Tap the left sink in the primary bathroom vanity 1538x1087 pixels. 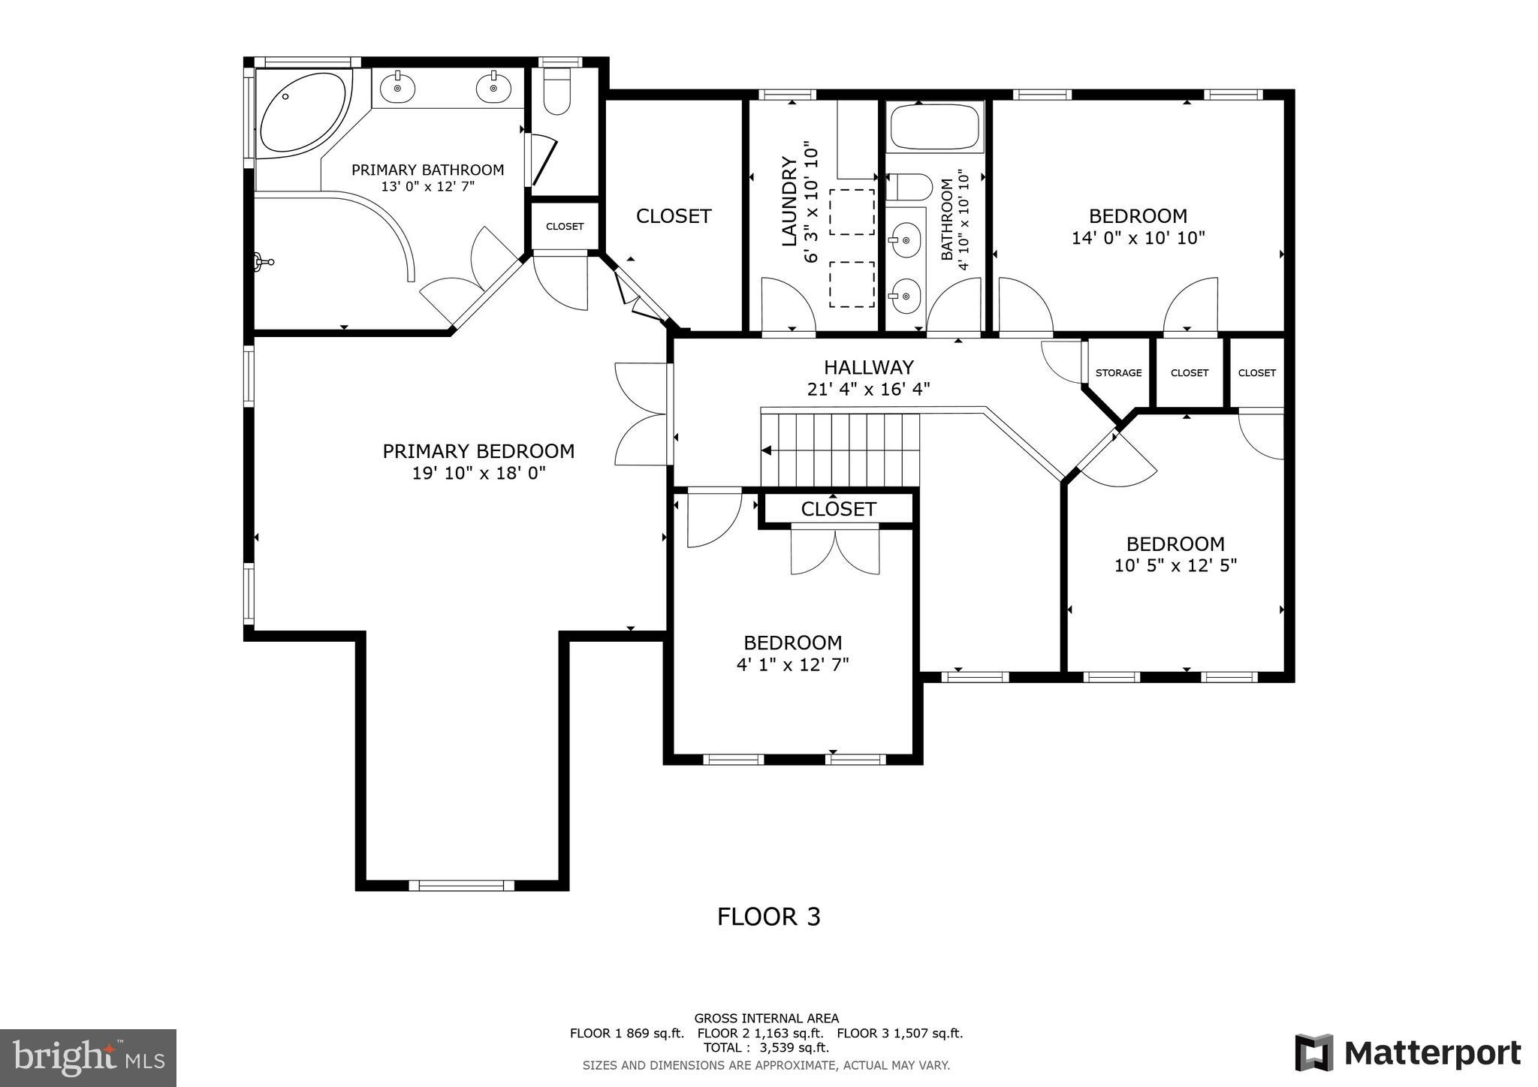click(x=397, y=89)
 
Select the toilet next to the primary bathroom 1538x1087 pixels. click(x=556, y=93)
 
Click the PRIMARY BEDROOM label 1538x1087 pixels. click(x=478, y=451)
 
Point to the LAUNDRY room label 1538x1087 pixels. click(x=789, y=201)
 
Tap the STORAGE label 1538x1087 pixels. click(x=1118, y=373)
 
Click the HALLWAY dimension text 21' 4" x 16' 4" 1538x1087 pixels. click(x=868, y=389)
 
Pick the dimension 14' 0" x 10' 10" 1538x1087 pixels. click(x=1138, y=238)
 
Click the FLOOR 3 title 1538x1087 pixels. click(x=768, y=917)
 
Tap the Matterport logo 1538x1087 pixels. click(x=1407, y=1053)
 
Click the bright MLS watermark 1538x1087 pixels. click(x=88, y=1058)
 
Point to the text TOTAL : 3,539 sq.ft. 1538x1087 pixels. click(x=766, y=1047)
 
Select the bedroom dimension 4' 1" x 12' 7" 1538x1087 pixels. click(x=792, y=664)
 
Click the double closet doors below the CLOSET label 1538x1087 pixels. click(x=835, y=552)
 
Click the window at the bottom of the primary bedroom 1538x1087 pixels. click(x=461, y=885)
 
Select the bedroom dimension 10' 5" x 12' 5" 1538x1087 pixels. click(x=1175, y=565)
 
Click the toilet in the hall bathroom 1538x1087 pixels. click(x=910, y=188)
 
